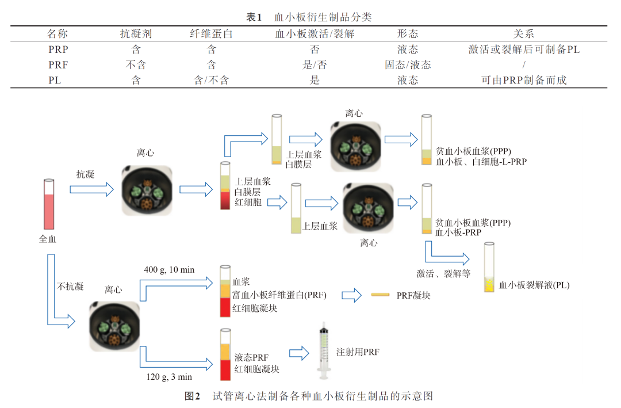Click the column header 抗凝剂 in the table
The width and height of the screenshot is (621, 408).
136,34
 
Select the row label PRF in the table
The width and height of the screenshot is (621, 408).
58,65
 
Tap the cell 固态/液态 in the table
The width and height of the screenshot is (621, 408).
408,65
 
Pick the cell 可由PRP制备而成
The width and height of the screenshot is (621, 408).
524,81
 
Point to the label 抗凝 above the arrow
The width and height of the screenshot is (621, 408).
85,174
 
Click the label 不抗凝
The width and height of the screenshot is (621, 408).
70,286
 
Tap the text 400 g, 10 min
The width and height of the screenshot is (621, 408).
169,270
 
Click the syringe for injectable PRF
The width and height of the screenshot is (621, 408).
324,350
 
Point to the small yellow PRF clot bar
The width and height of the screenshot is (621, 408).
380,296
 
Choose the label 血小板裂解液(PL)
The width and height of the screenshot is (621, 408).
534,285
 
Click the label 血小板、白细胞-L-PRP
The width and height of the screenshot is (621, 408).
481,162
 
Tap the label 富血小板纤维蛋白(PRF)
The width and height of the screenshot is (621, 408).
279,295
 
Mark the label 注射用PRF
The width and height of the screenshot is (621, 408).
358,352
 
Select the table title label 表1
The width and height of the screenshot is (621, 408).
254,17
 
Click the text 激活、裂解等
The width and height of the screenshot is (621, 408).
443,273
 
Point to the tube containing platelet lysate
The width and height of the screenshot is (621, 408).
489,268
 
